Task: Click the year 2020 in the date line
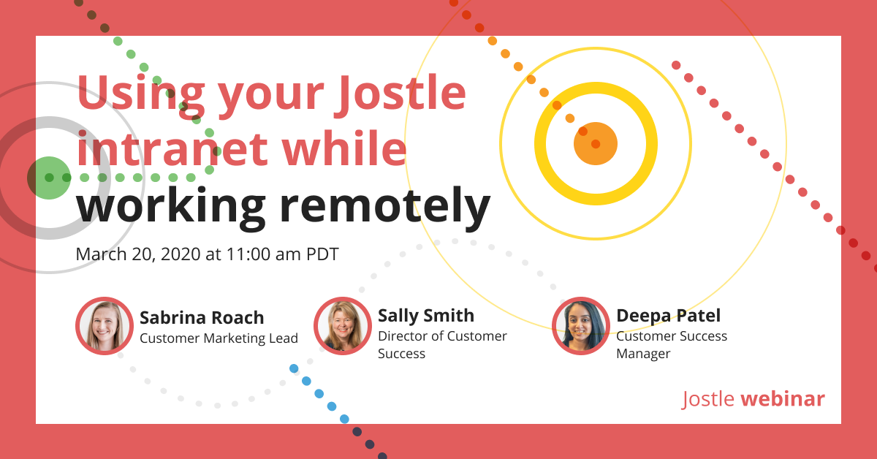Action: click(170, 254)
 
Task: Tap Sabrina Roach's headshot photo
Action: click(105, 326)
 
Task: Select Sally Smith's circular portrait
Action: click(343, 326)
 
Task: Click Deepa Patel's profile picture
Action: click(581, 326)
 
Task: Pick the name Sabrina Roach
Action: click(202, 317)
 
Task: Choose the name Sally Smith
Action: click(426, 315)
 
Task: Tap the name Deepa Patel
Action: click(669, 315)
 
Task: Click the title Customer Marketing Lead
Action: click(219, 338)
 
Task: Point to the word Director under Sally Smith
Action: click(403, 336)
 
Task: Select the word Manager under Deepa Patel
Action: click(643, 354)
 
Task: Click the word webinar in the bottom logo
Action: click(783, 399)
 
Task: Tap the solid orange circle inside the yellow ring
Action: click(596, 144)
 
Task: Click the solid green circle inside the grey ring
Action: click(49, 178)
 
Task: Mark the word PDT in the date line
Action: click(322, 254)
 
